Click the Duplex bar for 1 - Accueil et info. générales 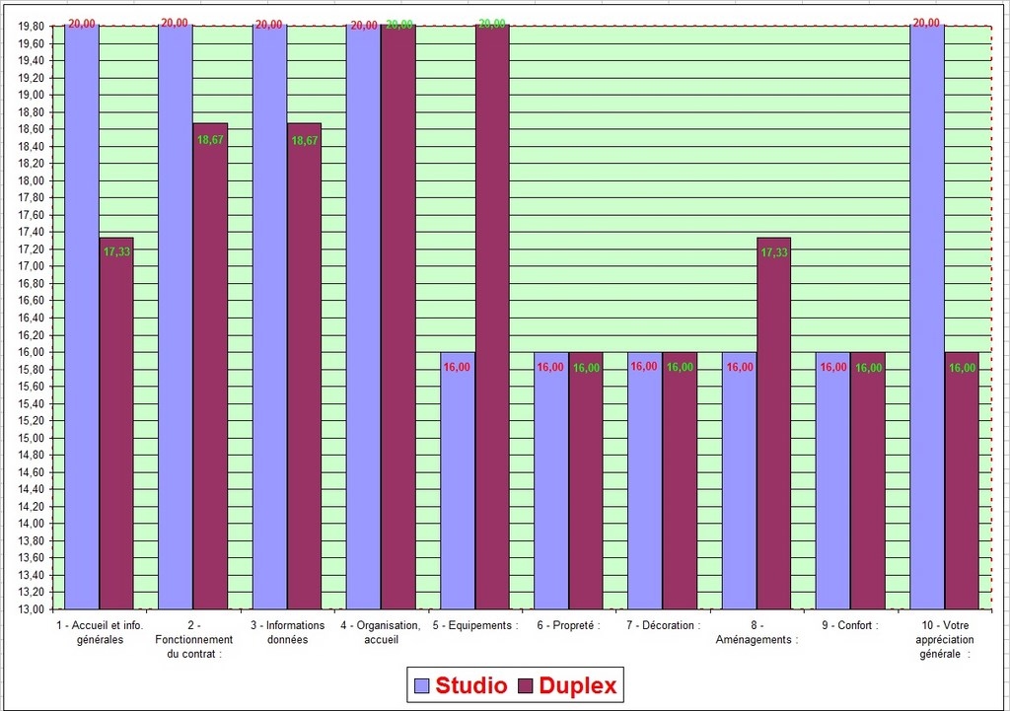(116, 424)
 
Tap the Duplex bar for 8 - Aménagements (774, 424)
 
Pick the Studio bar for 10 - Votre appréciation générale (927, 316)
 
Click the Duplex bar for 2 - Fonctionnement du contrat (210, 366)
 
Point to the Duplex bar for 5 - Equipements (492, 316)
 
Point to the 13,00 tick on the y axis (31, 609)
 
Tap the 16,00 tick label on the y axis (31, 352)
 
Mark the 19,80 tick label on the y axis (31, 27)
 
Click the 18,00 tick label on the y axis (31, 180)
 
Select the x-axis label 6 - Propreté (568, 625)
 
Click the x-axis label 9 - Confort (849, 625)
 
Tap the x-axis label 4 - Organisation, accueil (381, 632)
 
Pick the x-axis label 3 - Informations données (287, 632)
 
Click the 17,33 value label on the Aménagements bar (774, 252)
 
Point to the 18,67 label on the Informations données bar (305, 141)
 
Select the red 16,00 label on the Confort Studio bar (833, 367)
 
